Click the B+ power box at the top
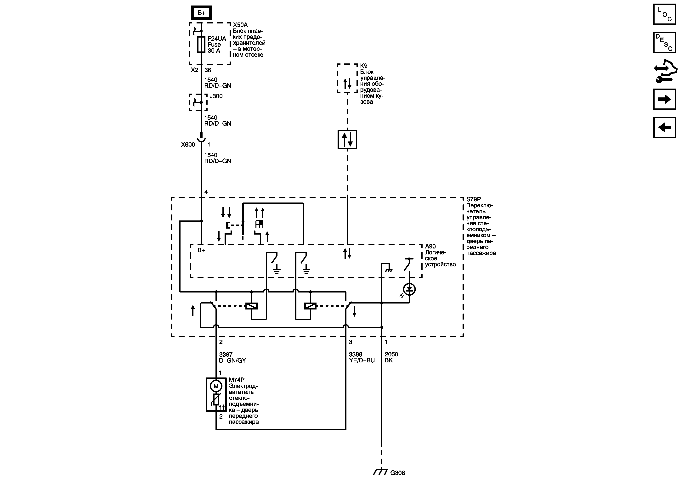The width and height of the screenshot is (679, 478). click(x=201, y=12)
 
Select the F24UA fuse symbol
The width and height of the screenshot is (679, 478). click(x=201, y=44)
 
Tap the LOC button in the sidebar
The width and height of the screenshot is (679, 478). click(x=664, y=14)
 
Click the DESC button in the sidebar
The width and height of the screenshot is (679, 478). click(x=664, y=43)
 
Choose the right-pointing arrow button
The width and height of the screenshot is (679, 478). click(x=664, y=99)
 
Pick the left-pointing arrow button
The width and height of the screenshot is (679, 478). click(x=664, y=127)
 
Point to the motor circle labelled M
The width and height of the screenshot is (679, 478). click(x=216, y=386)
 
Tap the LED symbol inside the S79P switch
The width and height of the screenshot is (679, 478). click(x=409, y=289)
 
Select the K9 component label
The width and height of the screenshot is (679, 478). click(x=364, y=66)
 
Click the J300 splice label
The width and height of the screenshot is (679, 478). click(x=216, y=96)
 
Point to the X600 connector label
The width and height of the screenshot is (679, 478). click(x=188, y=145)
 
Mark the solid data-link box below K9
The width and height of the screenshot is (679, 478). click(x=347, y=140)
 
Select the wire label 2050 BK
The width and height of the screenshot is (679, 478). click(x=391, y=357)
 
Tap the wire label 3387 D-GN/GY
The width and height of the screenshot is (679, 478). click(x=232, y=357)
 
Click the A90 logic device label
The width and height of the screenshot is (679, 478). click(x=430, y=246)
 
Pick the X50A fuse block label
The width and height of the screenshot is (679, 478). click(x=240, y=25)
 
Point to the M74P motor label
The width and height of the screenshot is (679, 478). click(x=237, y=380)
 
